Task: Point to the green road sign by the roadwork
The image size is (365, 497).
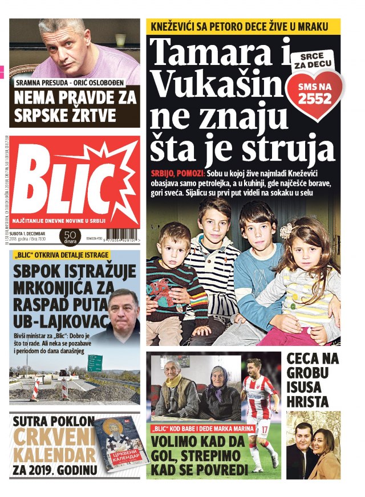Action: (x=95, y=363)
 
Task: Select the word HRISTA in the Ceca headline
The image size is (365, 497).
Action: (x=308, y=401)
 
